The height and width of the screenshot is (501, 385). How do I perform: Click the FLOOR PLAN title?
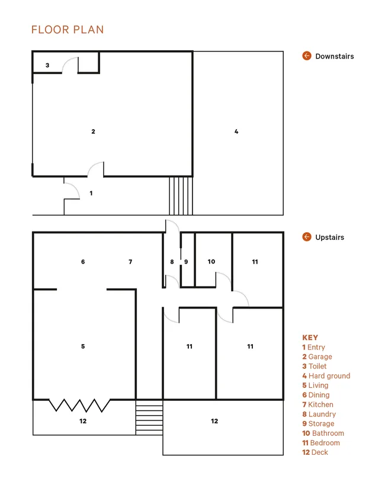[x=68, y=30]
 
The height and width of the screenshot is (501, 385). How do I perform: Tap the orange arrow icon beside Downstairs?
[x=307, y=56]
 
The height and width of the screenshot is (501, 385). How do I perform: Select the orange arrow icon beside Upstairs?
[x=307, y=237]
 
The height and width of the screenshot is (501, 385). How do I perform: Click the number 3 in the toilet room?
[x=47, y=65]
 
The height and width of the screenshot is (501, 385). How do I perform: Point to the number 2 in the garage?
[x=94, y=131]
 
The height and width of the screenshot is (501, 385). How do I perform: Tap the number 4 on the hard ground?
[x=236, y=131]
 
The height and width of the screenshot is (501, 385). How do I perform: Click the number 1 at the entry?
[x=91, y=193]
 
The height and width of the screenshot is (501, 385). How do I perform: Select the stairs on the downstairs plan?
[x=181, y=195]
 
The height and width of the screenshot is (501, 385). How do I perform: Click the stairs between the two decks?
[x=149, y=417]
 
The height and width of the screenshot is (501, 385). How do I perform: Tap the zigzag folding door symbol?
[x=79, y=405]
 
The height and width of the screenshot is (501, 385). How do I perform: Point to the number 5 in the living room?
[x=83, y=346]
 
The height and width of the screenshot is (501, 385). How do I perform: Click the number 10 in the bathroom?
[x=211, y=262]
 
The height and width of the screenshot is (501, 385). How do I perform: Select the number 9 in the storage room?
[x=186, y=262]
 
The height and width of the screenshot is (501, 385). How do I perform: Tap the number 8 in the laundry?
[x=172, y=262]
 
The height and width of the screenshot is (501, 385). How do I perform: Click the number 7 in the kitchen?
[x=130, y=262]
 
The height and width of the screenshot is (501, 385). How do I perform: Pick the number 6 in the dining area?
[x=83, y=262]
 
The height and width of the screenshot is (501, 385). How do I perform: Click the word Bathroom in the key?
[x=328, y=433]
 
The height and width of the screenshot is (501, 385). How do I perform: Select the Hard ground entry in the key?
[x=326, y=375]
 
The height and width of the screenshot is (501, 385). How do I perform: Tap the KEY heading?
[x=310, y=338]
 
